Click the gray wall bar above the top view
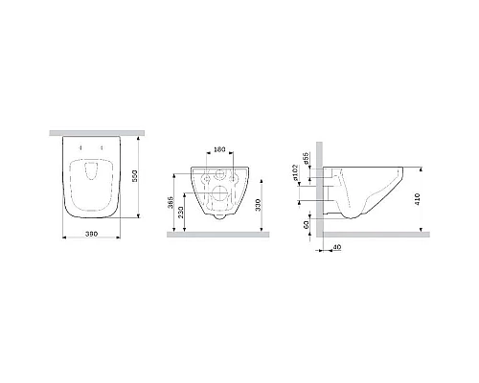tap(91, 130)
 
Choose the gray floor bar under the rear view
tap(219, 234)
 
